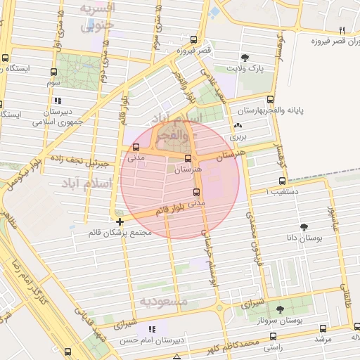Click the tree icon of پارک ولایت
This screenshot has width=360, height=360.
click(x=245, y=58)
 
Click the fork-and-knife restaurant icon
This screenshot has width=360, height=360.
click(x=342, y=30)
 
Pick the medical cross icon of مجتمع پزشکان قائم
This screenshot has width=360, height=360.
click(x=120, y=221)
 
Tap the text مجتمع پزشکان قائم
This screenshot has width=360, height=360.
click(x=120, y=231)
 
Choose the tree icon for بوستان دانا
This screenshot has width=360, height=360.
click(x=304, y=226)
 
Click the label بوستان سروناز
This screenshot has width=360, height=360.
click(x=281, y=321)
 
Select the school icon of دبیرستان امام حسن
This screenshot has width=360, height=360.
click(x=152, y=329)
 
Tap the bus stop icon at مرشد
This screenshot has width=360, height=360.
click(x=323, y=328)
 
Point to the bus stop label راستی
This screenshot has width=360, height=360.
click(x=273, y=347)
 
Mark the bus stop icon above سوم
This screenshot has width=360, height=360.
click(x=54, y=72)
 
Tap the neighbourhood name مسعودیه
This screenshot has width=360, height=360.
click(x=164, y=301)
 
